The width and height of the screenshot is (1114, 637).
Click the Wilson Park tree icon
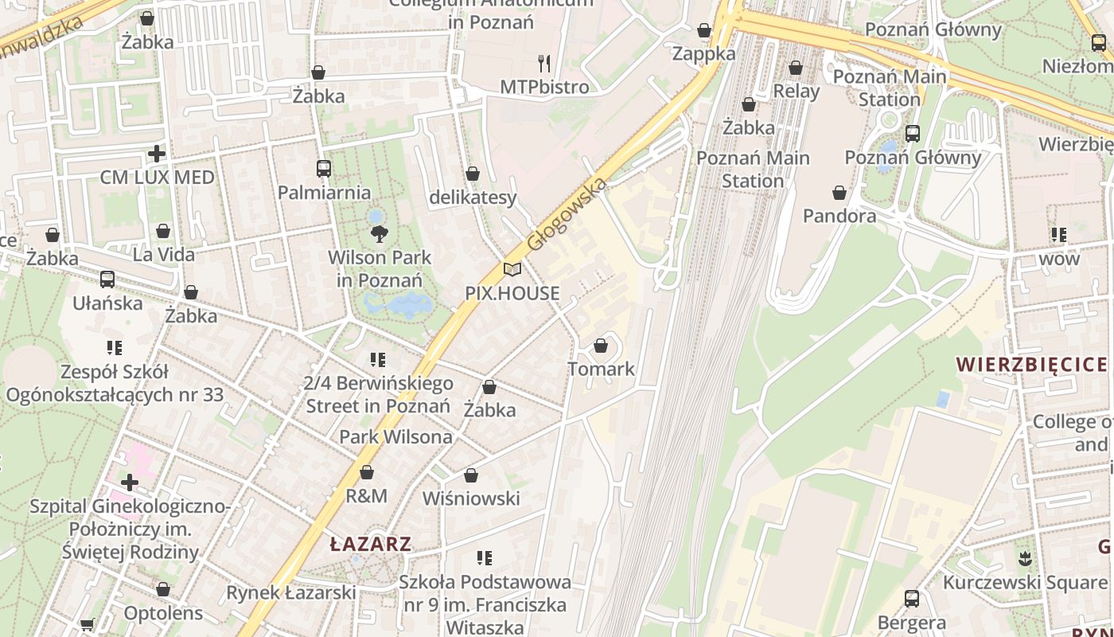(380, 233)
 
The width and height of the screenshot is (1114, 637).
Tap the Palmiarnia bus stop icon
(323, 169)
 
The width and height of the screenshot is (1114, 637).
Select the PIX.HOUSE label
(512, 293)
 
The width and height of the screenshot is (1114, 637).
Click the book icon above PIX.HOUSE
(512, 270)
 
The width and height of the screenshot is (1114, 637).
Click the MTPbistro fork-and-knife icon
(544, 63)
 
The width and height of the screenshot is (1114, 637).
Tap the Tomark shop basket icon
(601, 346)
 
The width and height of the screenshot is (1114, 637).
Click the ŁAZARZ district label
(371, 545)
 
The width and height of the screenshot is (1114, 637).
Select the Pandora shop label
(839, 216)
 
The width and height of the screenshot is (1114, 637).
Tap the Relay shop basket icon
(796, 68)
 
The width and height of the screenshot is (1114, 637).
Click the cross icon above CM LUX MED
(157, 153)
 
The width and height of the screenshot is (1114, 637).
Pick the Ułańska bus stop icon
(107, 279)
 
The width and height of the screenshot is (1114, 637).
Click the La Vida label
(163, 255)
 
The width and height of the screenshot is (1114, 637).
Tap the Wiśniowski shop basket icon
(471, 475)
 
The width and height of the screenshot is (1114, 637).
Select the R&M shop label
(366, 496)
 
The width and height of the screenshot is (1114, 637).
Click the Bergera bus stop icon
(912, 598)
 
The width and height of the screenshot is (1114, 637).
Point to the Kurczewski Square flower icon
(1024, 558)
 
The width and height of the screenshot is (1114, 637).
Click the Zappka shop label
(703, 53)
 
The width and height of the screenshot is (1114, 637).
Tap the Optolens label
(163, 613)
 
